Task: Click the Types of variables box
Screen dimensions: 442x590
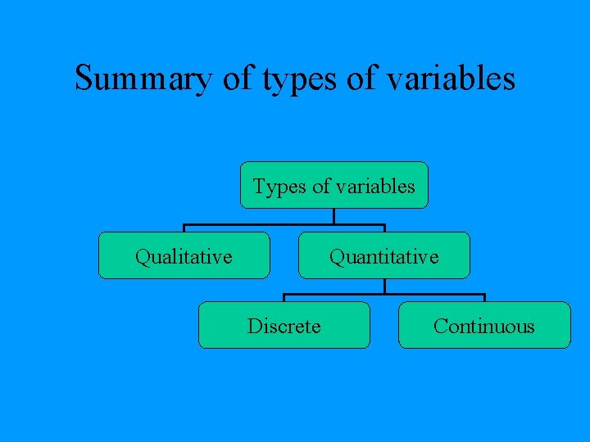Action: (334, 186)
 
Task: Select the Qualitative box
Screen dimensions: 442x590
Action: (184, 256)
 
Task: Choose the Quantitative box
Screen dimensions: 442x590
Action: (383, 256)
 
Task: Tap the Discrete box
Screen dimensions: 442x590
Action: (284, 326)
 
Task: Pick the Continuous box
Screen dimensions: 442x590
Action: (483, 326)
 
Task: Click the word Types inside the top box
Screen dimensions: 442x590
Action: (279, 187)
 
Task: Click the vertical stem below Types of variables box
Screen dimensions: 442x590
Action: (334, 216)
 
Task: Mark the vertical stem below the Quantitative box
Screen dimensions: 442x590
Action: (384, 286)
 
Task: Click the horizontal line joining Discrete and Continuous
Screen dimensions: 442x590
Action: (384, 295)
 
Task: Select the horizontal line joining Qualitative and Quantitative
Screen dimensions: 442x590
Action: (284, 225)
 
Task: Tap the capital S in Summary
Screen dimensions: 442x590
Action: (84, 79)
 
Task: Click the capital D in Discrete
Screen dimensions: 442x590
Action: (254, 327)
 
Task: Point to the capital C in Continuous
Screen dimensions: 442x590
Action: (440, 327)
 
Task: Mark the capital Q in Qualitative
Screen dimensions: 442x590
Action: (142, 257)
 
